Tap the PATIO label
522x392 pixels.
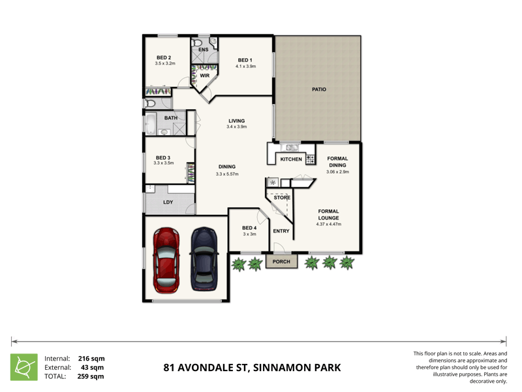[318, 90]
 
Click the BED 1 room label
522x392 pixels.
[245, 60]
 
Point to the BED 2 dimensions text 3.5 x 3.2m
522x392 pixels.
[165, 63]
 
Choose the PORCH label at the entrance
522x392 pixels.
[281, 262]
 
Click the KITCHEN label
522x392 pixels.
[291, 159]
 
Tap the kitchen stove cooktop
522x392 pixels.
[311, 159]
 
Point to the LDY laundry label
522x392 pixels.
[168, 203]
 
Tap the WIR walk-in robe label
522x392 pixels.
[204, 76]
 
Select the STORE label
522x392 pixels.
[282, 197]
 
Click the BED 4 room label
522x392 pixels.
[249, 228]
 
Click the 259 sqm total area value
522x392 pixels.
[91, 376]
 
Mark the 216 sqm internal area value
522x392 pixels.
[91, 358]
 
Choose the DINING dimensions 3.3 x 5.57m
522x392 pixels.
[227, 174]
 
